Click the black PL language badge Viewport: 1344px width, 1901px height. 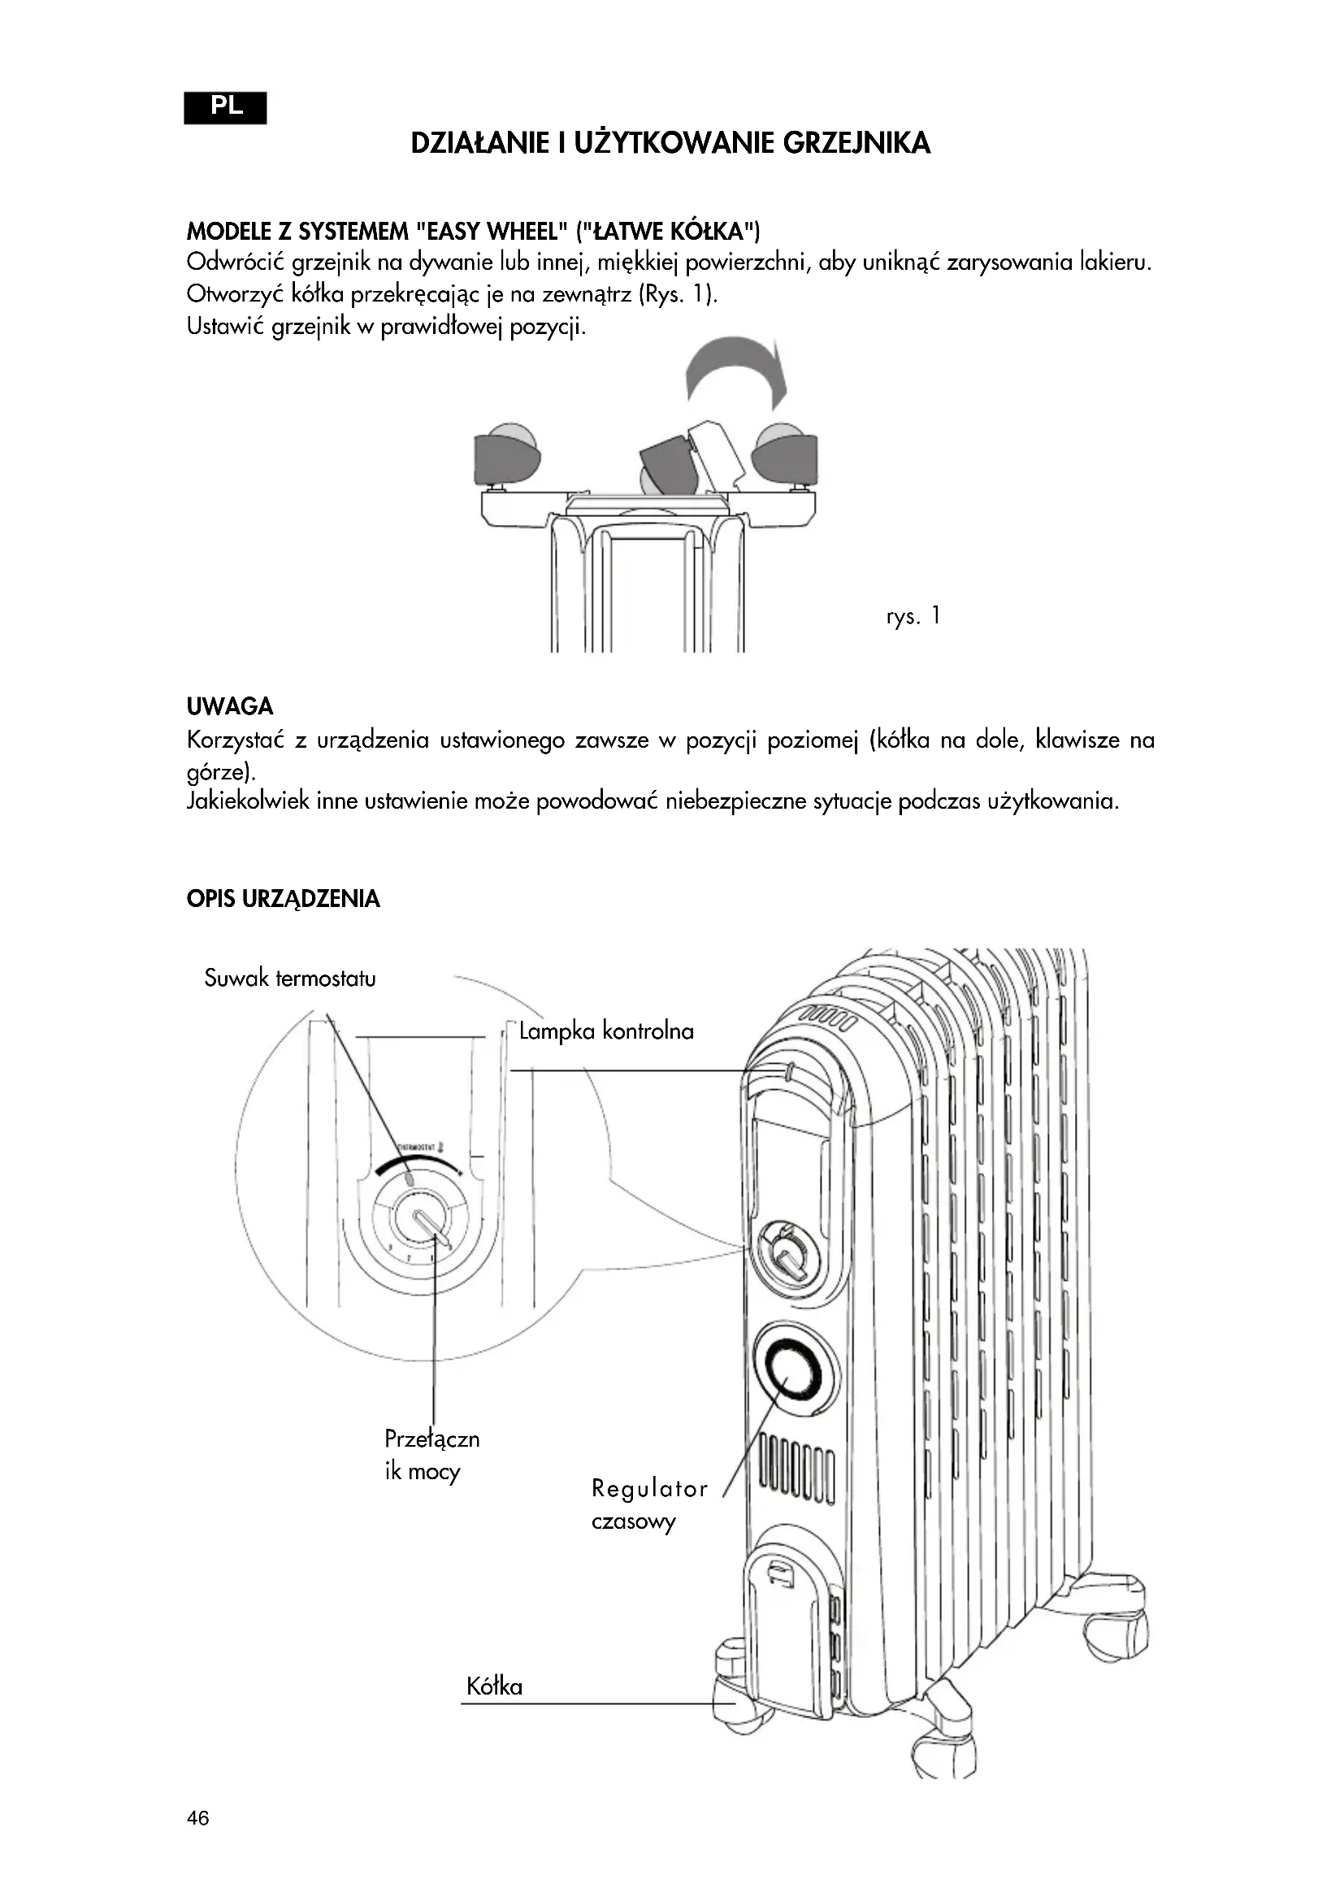click(x=225, y=107)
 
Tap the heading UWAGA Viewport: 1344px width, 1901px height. click(x=229, y=706)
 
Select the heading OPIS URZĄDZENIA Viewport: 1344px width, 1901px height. click(x=283, y=899)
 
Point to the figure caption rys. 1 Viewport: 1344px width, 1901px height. click(x=913, y=616)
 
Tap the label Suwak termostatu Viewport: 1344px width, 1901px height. click(x=289, y=979)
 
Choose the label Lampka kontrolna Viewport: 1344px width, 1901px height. click(x=606, y=1031)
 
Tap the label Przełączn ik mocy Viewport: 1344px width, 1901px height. click(x=431, y=1455)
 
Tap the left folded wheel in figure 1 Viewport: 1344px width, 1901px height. click(x=505, y=457)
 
